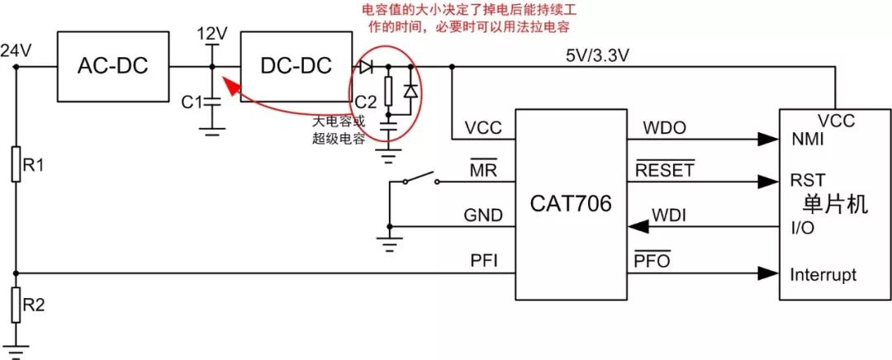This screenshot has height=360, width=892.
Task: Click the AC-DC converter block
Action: (x=112, y=66)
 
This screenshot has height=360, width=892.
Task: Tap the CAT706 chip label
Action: (x=571, y=202)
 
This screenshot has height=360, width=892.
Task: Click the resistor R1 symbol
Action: (x=16, y=165)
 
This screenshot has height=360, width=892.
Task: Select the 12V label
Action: (x=212, y=34)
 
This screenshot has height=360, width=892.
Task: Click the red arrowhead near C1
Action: (x=227, y=84)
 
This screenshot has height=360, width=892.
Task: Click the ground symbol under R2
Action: (x=16, y=348)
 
